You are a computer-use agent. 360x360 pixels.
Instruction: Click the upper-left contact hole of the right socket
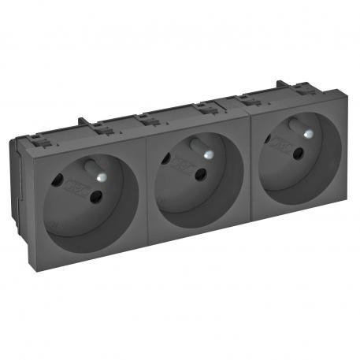click(x=269, y=140)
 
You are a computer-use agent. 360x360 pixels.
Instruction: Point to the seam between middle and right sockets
click(x=249, y=165)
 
